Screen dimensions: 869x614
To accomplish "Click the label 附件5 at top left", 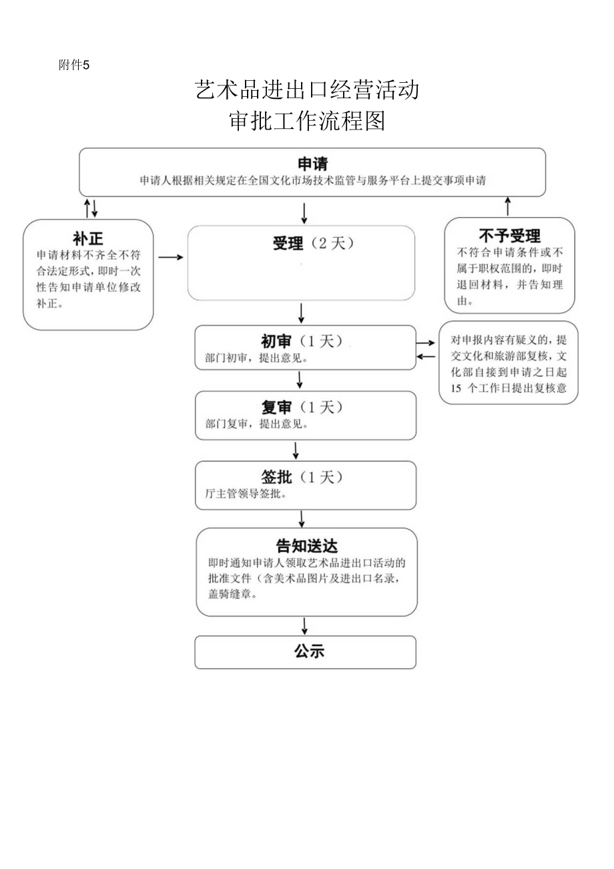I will (74, 65).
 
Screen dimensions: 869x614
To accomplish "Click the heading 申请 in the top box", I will (312, 164).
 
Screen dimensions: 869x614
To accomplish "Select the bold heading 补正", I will (87, 239).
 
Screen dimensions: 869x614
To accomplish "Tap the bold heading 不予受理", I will (509, 236).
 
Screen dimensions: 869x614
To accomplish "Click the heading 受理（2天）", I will (312, 244).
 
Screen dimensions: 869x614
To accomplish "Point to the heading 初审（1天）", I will (302, 341).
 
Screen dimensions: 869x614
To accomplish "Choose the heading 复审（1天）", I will (302, 407).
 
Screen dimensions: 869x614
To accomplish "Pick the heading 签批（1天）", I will (302, 477).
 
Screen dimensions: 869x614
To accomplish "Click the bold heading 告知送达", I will (306, 546).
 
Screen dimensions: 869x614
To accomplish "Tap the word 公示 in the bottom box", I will (309, 651).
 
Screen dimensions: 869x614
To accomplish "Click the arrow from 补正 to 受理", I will (170, 256).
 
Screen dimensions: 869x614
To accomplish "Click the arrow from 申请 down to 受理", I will (304, 212).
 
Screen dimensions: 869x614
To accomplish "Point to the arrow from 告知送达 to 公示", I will (305, 626).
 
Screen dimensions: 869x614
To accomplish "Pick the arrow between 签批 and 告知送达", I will (302, 518).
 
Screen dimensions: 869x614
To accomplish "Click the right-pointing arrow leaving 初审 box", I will (425, 343).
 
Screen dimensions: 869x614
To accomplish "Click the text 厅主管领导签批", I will (246, 495).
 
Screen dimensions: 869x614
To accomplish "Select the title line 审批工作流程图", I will (307, 121).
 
